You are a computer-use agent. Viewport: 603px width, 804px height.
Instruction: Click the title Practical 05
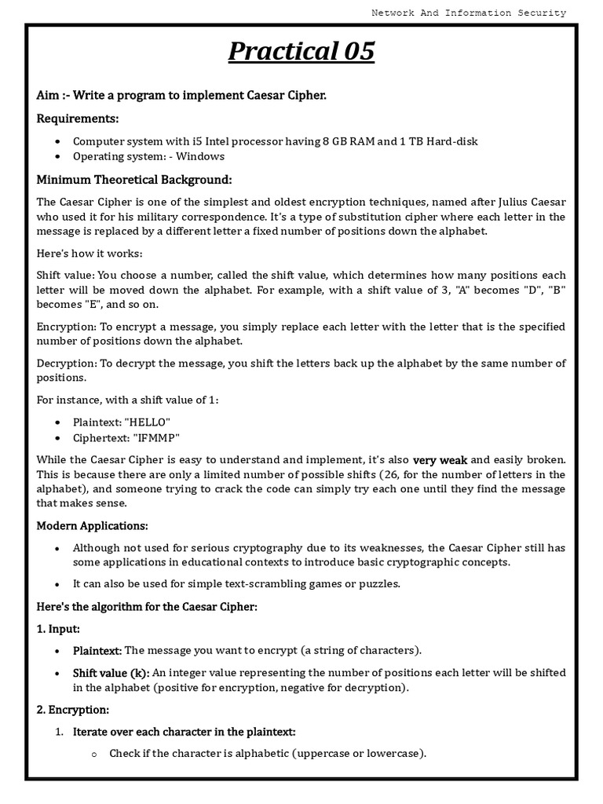[x=301, y=52]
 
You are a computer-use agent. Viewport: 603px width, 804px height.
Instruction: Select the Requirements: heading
[x=78, y=119]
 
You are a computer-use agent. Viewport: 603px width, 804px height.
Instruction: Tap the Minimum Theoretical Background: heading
[x=134, y=180]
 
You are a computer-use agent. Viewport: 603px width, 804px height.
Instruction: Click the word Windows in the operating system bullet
[x=202, y=156]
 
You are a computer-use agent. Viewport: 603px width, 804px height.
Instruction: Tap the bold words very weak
[x=440, y=460]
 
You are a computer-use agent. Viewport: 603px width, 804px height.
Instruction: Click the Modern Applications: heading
[x=92, y=525]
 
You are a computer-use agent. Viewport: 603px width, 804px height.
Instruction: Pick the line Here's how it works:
[x=90, y=254]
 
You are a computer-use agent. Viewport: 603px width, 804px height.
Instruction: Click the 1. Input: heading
[x=58, y=629]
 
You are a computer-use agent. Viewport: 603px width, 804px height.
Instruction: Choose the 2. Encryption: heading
[x=72, y=710]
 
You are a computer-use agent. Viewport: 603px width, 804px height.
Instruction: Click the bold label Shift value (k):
[x=111, y=673]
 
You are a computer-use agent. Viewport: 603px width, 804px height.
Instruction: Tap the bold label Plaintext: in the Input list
[x=97, y=650]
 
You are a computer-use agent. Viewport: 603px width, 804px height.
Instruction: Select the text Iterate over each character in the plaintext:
[x=184, y=732]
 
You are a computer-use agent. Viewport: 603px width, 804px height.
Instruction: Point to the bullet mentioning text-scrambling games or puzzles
[x=236, y=583]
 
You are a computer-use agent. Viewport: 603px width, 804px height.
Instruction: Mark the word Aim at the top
[x=46, y=95]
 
